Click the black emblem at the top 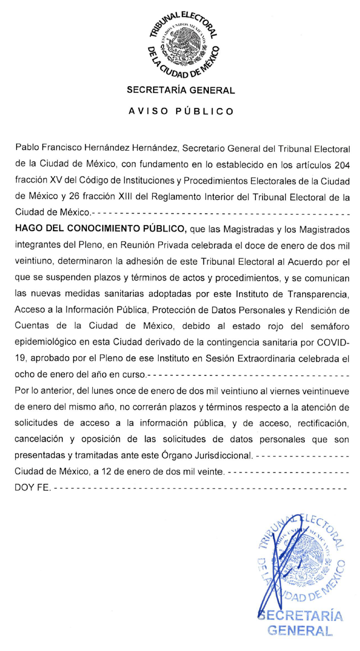point(181,43)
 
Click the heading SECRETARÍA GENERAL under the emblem point(181,90)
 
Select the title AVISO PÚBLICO point(181,112)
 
